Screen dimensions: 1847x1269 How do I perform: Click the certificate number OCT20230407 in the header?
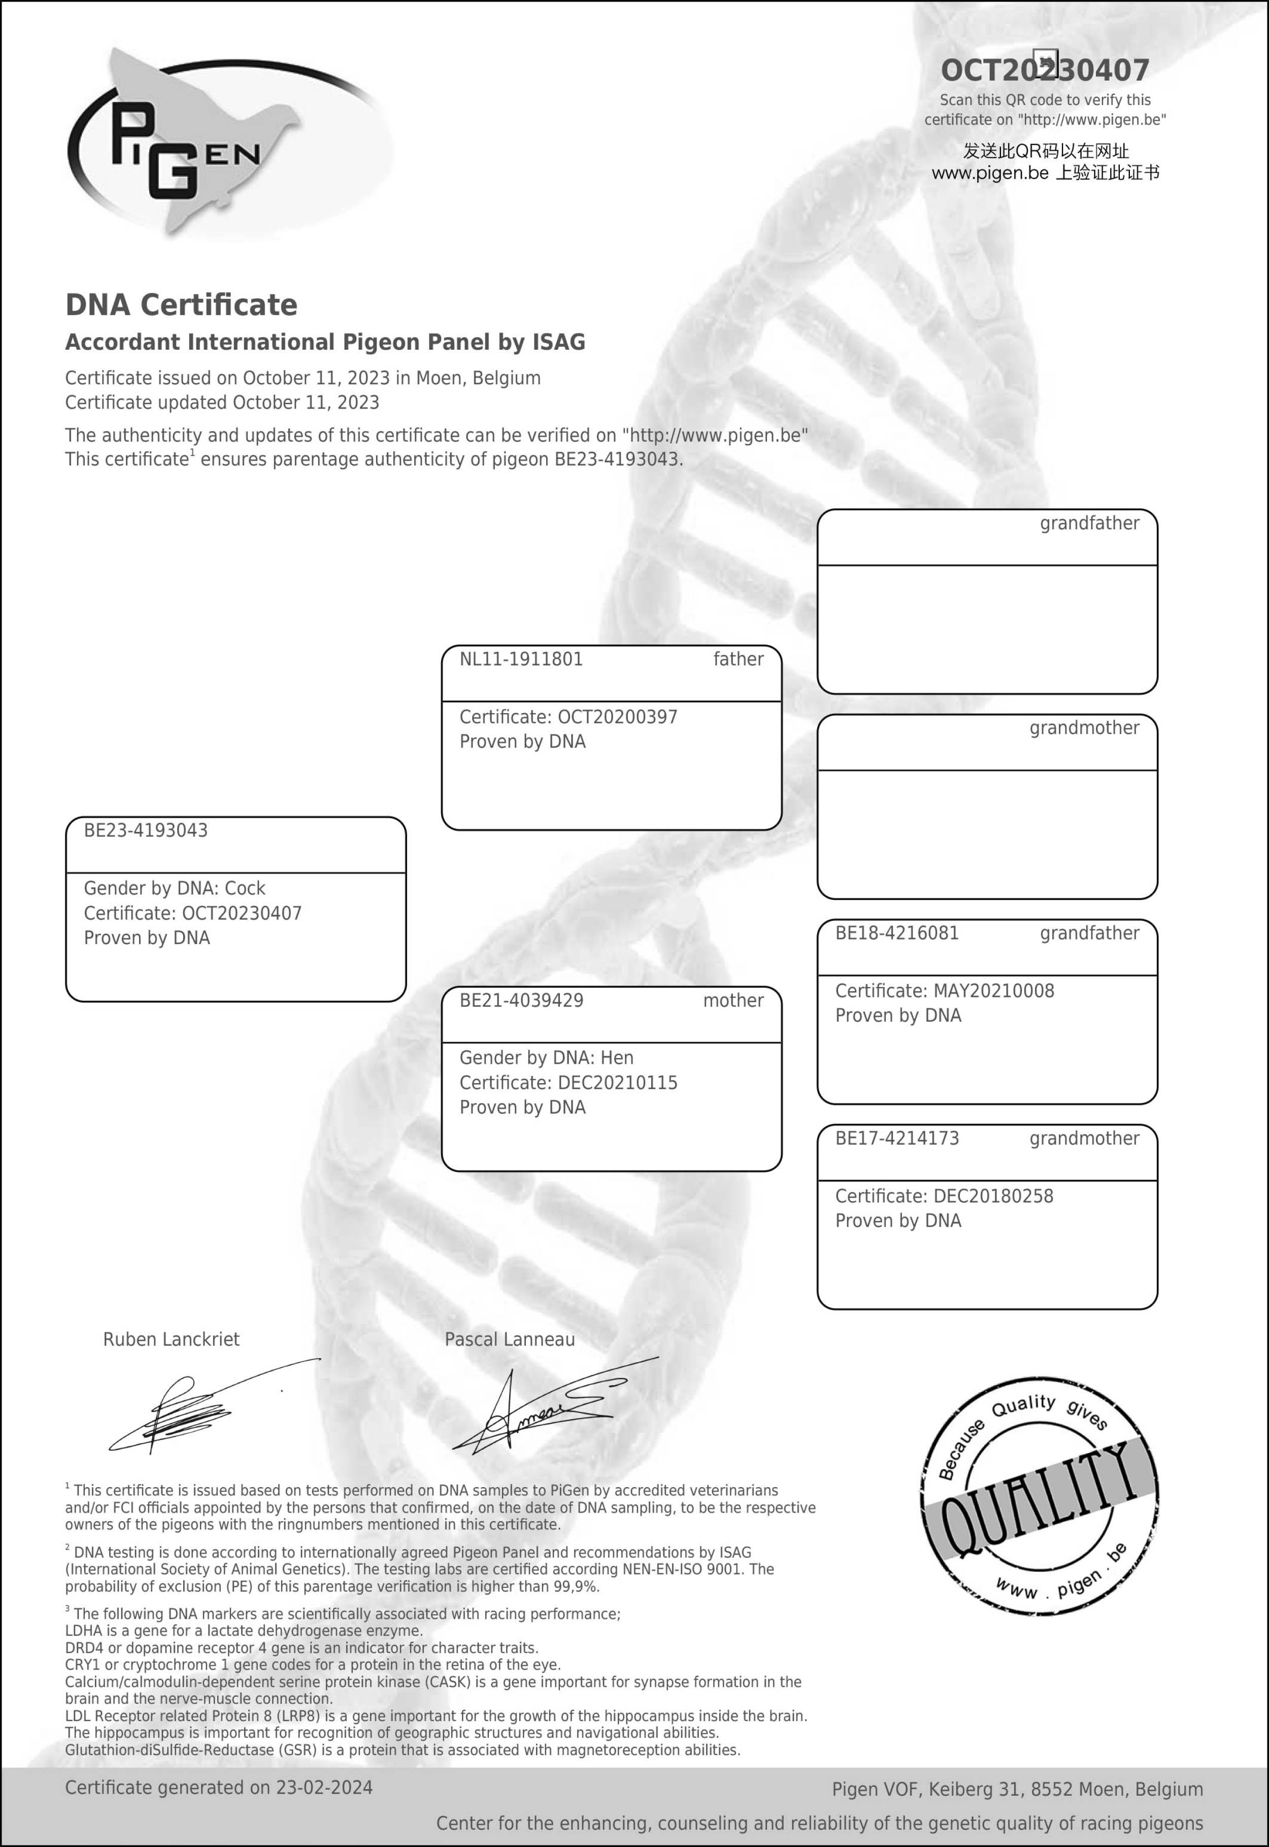click(1044, 71)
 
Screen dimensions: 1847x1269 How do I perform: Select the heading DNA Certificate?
click(181, 305)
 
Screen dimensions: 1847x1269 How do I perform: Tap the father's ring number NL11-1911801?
click(521, 659)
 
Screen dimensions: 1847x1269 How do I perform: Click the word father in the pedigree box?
click(738, 659)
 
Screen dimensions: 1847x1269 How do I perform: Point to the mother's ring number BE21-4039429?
click(521, 1000)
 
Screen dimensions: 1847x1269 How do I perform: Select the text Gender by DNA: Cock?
click(174, 888)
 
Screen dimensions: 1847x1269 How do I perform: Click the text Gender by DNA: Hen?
click(546, 1057)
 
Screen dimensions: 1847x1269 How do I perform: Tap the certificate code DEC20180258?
click(992, 1196)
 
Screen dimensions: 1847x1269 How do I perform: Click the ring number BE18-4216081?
click(897, 933)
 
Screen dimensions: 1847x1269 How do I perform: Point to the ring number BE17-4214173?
click(897, 1138)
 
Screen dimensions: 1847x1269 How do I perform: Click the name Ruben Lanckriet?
click(171, 1339)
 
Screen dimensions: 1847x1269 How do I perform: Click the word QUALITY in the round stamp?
click(1038, 1499)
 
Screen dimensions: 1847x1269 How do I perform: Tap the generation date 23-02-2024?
click(324, 1788)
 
